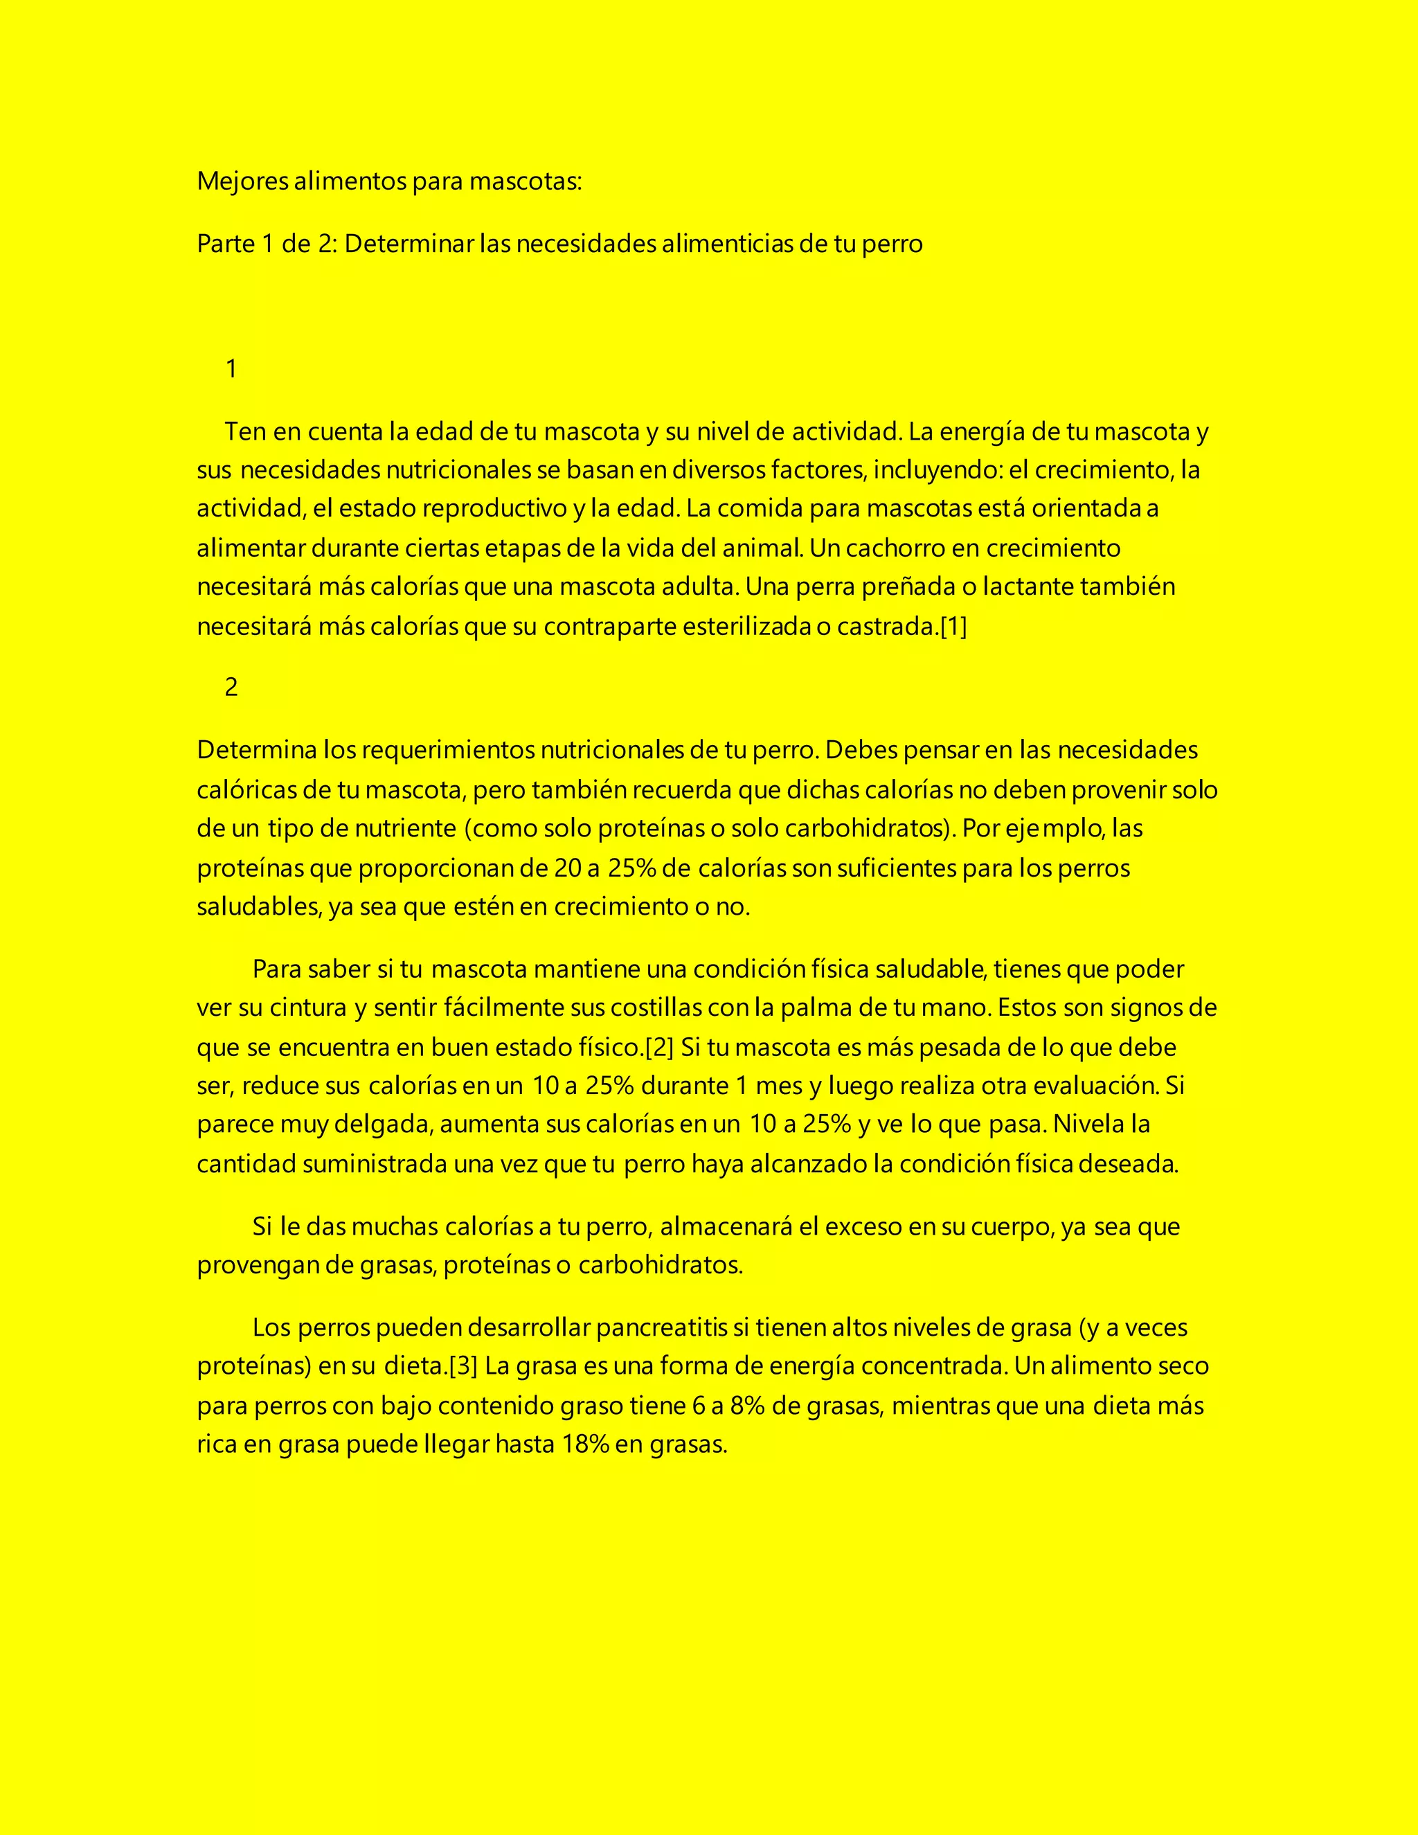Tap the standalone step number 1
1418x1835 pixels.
(232, 369)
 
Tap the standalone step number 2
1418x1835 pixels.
(232, 688)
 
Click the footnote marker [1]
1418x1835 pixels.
(953, 627)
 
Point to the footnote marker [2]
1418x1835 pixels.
(659, 1048)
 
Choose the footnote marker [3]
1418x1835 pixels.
(463, 1366)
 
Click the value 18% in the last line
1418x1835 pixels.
(584, 1444)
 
